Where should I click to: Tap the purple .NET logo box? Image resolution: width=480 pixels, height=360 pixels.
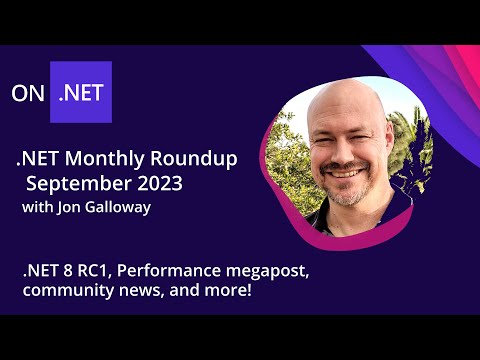coord(81,92)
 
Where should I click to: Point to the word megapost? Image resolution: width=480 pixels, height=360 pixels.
coord(284,271)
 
